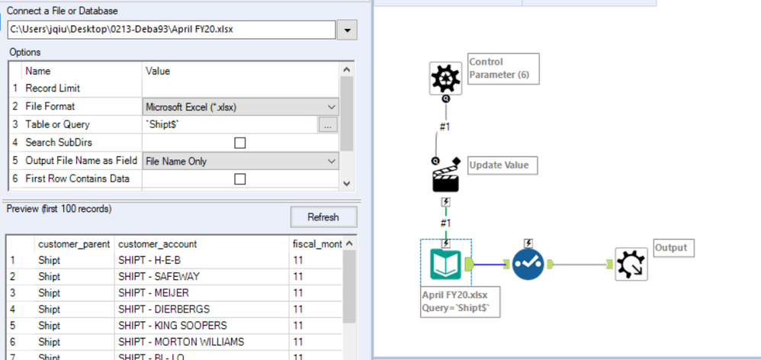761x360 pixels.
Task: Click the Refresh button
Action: point(323,217)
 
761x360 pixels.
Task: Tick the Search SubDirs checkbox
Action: point(239,143)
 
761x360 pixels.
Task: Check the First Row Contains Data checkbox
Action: point(239,179)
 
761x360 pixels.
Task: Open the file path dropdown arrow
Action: point(347,31)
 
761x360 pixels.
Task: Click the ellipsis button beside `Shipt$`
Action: point(327,125)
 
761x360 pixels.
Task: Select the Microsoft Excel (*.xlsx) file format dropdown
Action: point(240,107)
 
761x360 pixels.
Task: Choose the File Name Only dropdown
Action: point(240,161)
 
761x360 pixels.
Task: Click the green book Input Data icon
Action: point(446,264)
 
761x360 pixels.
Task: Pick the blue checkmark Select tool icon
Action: point(530,264)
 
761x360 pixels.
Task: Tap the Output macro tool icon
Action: point(632,264)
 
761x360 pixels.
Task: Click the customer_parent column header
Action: point(74,244)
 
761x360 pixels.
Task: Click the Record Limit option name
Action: point(53,88)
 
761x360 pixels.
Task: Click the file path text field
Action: point(171,31)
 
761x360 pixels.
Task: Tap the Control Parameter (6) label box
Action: point(503,69)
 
